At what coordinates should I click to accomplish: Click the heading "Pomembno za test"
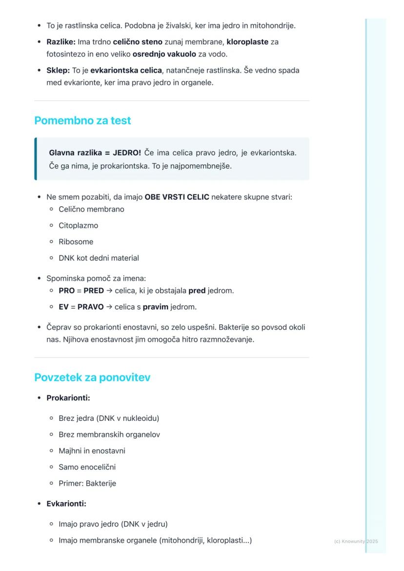[x=82, y=120]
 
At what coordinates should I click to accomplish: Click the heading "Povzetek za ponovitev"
[x=92, y=377]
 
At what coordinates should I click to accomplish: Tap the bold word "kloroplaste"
[x=247, y=42]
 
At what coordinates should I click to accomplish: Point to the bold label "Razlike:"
[x=61, y=42]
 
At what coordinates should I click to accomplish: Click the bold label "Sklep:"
[x=58, y=70]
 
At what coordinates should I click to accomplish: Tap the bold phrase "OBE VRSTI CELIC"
[x=177, y=197]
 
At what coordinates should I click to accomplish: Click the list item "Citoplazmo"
[x=78, y=225]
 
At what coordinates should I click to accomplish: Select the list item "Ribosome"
[x=76, y=242]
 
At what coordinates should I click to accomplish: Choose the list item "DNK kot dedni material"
[x=99, y=258]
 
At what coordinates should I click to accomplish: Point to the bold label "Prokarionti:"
[x=68, y=398]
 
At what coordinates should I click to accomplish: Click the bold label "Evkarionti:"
[x=66, y=504]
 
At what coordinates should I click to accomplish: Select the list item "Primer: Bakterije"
[x=87, y=483]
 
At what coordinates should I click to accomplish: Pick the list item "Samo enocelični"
[x=87, y=467]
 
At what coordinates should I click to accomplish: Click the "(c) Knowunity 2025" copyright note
[x=356, y=541]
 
